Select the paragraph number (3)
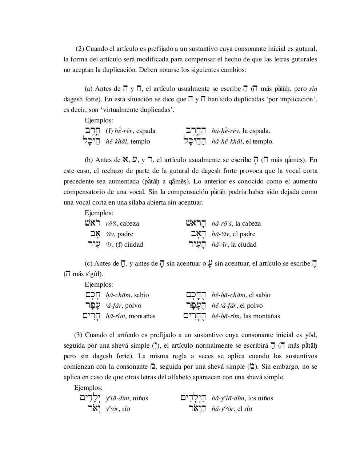tap(78, 335)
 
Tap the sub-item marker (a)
tap(88, 89)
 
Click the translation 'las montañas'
tap(262, 316)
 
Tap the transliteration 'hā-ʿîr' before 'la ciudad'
tap(220, 244)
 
